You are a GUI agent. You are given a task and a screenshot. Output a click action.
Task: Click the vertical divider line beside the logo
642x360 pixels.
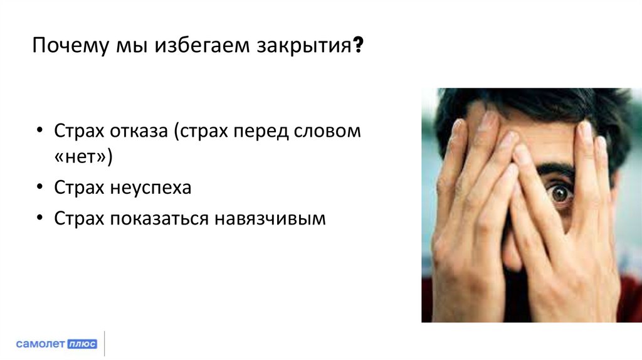click(104, 343)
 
